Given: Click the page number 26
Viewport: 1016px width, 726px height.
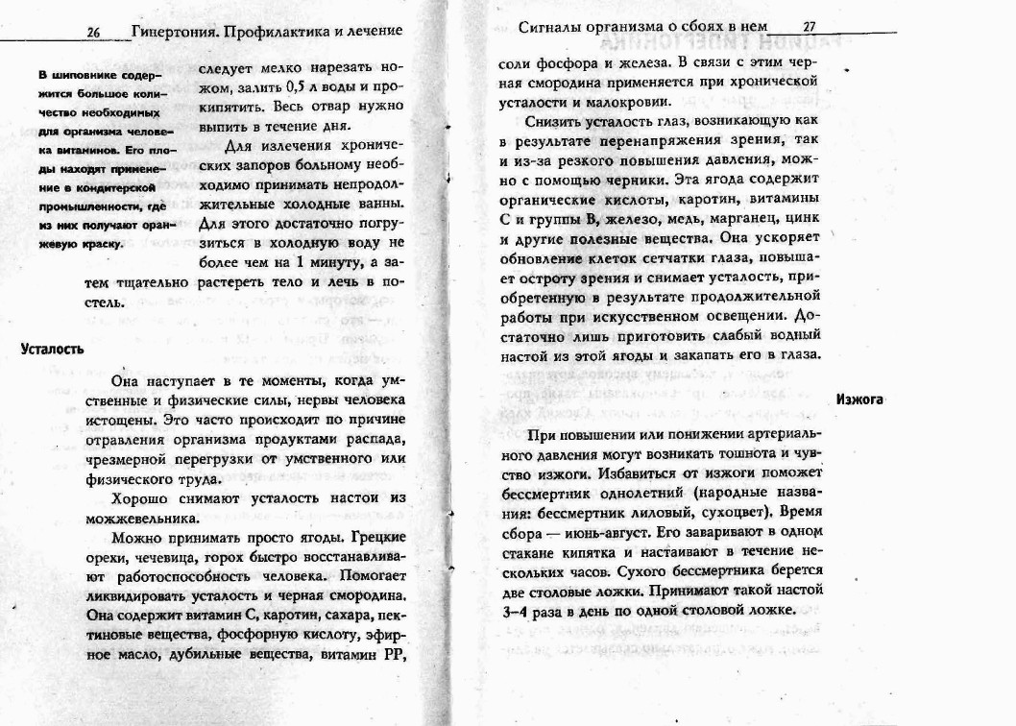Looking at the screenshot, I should [94, 32].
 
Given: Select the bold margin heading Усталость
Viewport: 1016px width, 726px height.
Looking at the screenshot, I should [52, 350].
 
